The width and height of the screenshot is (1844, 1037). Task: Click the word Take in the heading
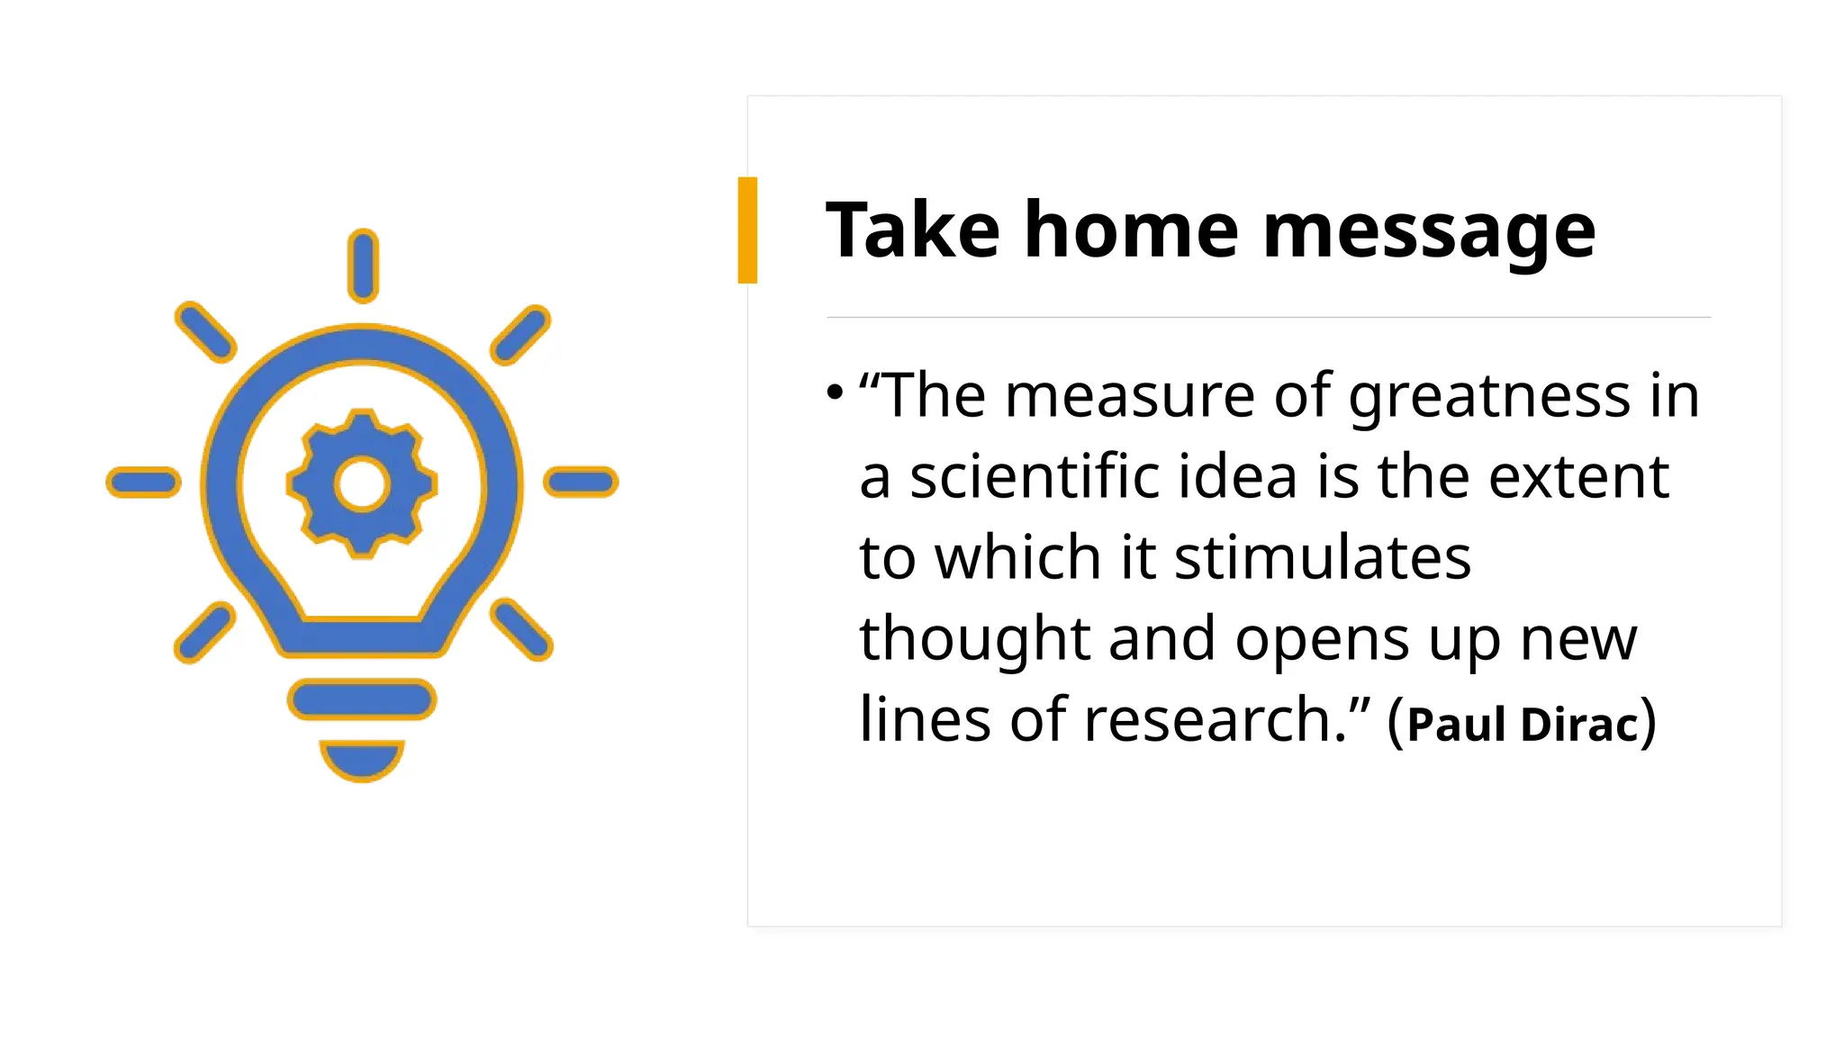click(x=912, y=231)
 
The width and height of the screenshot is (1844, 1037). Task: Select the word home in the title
click(x=1131, y=231)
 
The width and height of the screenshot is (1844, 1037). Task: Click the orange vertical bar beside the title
click(x=747, y=230)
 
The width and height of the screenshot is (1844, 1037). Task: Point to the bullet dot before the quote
click(x=835, y=392)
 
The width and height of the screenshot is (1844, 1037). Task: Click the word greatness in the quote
click(x=1489, y=396)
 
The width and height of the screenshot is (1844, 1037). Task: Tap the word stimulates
click(x=1323, y=557)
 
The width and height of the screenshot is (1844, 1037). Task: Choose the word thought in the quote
click(x=975, y=639)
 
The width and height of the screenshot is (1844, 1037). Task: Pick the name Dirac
click(x=1579, y=724)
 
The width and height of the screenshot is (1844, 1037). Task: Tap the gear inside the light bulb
click(x=362, y=483)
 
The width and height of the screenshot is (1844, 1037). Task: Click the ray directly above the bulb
click(x=363, y=266)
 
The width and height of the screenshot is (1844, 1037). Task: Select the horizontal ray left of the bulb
click(x=143, y=482)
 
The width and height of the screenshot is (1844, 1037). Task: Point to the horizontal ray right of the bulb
click(x=581, y=482)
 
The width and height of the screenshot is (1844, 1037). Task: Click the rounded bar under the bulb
click(x=362, y=699)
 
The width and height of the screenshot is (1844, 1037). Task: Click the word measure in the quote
click(x=1130, y=396)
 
